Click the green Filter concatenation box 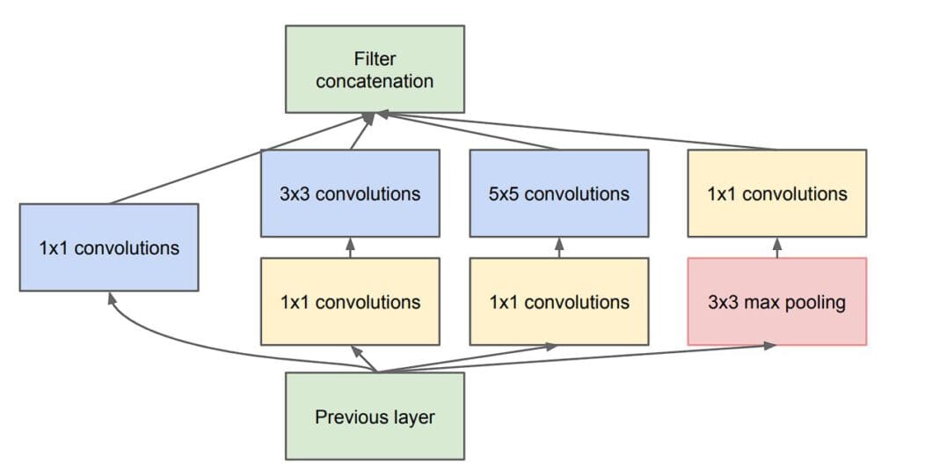[x=375, y=70]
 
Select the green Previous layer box [x=375, y=416]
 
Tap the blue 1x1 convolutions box [x=109, y=247]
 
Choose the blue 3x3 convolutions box [x=350, y=193]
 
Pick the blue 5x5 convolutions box [x=559, y=193]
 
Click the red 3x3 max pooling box [x=776, y=301]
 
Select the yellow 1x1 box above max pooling [x=776, y=193]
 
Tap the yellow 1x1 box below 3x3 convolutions [x=350, y=301]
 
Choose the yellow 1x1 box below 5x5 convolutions [x=559, y=301]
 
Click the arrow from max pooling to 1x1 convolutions [x=776, y=247]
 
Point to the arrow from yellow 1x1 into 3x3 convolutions [x=350, y=247]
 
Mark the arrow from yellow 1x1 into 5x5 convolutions [x=559, y=247]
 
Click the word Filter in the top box [x=375, y=59]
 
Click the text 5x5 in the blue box [x=504, y=194]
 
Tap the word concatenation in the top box [x=375, y=81]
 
